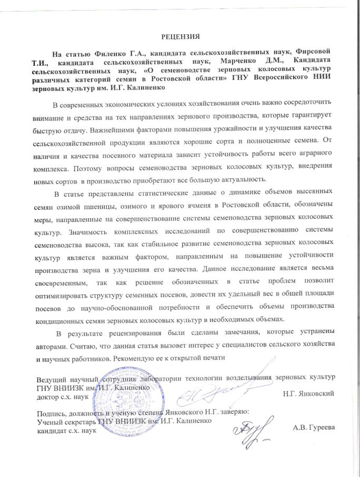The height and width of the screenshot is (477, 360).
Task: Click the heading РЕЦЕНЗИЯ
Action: (x=181, y=36)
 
